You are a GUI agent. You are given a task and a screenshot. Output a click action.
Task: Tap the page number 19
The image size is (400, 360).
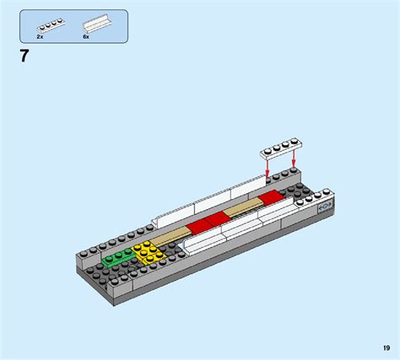point(384,347)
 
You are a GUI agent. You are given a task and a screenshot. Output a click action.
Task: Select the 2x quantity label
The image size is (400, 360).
point(40,37)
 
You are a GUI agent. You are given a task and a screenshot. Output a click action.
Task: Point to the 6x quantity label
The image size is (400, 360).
point(86,37)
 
